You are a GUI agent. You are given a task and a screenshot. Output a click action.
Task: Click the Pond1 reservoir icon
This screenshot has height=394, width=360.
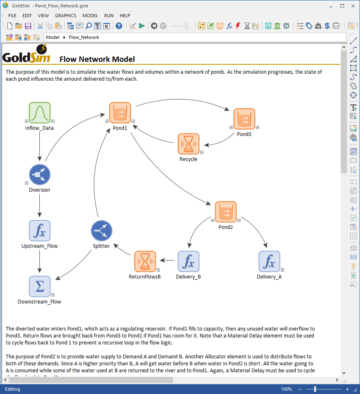point(120,113)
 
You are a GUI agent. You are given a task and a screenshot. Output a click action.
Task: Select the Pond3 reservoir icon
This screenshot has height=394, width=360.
point(244,119)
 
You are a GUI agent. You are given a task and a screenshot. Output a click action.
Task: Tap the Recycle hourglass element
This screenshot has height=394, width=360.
point(189,144)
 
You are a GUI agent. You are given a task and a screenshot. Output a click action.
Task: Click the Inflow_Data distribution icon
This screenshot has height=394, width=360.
point(40,113)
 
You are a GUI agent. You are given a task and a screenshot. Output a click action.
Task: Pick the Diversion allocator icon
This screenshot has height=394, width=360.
point(40,175)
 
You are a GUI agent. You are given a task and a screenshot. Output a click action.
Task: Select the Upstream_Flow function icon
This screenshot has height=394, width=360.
point(40,231)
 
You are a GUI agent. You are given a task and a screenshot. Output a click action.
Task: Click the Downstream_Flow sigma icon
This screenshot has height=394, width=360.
point(40,286)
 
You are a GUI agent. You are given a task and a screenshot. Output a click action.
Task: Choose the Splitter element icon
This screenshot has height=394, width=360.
point(101,231)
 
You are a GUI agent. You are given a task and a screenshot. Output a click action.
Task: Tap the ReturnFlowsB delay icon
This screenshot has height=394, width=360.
point(145,261)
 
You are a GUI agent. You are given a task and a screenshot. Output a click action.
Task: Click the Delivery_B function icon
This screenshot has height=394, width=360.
point(188,261)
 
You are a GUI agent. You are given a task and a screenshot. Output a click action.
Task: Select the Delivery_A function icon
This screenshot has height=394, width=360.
point(269,261)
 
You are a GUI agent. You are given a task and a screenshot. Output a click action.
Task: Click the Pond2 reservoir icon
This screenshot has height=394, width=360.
point(226,212)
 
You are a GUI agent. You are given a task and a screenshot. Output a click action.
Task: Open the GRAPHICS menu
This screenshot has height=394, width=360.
point(66,16)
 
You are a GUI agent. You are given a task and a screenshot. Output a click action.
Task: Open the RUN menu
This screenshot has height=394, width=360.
point(109,16)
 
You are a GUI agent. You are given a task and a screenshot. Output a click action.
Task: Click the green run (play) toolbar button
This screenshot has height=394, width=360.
point(142,26)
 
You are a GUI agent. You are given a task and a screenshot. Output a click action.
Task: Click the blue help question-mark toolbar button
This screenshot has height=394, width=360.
point(119,26)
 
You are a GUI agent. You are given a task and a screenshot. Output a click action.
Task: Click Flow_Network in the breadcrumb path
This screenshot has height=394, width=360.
point(84,37)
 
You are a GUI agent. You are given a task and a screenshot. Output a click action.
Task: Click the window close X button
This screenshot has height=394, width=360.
point(353,6)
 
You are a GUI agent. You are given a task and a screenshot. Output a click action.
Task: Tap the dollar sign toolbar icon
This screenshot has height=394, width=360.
point(327,26)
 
